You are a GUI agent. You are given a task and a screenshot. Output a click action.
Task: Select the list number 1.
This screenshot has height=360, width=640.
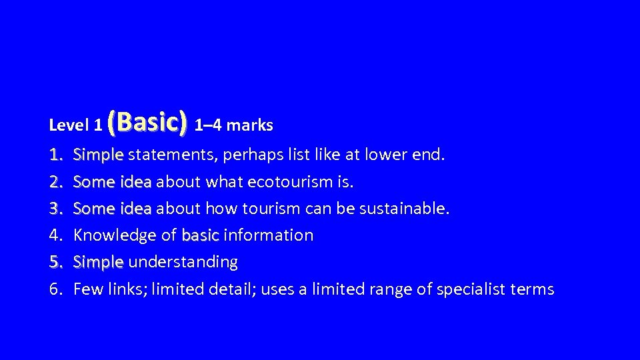[56, 155]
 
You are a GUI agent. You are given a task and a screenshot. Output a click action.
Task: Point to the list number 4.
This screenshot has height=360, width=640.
[56, 235]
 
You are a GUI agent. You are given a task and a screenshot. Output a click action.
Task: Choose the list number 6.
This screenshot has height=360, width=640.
[56, 289]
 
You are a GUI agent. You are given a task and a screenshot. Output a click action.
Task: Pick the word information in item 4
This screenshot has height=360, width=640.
[269, 235]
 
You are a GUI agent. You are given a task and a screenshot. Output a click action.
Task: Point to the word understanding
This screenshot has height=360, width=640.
[183, 263]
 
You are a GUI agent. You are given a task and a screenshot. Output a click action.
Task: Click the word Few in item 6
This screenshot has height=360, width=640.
[85, 289]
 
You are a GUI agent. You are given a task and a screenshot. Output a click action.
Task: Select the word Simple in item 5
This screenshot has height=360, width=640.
[99, 263]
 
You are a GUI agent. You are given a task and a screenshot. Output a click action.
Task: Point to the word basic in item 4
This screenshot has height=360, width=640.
[200, 235]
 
